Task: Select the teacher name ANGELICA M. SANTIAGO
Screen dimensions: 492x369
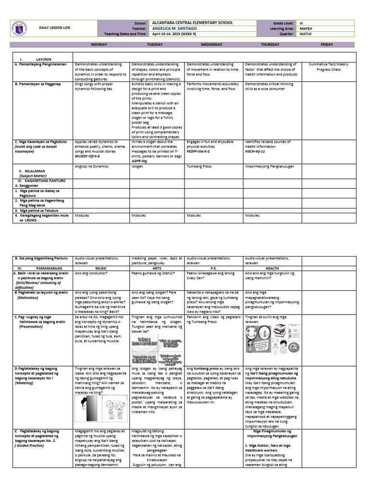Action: [176, 28]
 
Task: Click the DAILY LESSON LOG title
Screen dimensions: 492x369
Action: [54, 28]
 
